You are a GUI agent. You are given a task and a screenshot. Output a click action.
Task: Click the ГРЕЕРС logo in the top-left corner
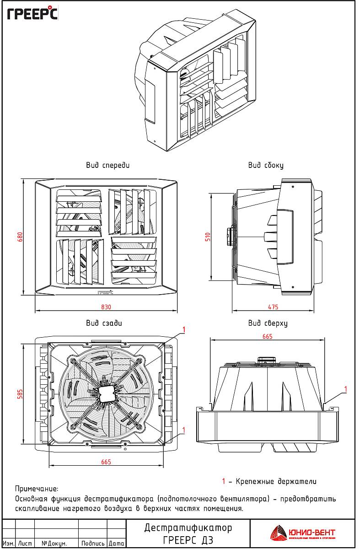(32, 14)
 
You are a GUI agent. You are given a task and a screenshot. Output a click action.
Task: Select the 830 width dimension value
(106, 307)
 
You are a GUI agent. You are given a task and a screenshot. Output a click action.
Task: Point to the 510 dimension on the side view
(207, 237)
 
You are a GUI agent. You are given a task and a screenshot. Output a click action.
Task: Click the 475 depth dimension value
(273, 307)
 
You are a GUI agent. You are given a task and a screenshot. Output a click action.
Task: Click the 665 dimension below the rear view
(106, 462)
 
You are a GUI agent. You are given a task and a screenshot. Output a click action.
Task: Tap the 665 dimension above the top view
(267, 336)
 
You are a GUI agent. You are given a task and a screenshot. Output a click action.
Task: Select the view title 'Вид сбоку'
(266, 165)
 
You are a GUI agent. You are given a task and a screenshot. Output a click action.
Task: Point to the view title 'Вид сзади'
(104, 323)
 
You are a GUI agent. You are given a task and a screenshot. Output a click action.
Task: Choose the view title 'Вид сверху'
(268, 323)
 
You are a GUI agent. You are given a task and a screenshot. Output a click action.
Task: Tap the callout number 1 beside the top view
(345, 389)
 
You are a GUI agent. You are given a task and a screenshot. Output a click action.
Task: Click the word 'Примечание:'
(37, 489)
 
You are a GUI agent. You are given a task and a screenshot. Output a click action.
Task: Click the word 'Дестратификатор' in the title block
(188, 527)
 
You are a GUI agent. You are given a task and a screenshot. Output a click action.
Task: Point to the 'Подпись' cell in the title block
(93, 544)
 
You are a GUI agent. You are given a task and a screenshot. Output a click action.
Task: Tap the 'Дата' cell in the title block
(117, 544)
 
